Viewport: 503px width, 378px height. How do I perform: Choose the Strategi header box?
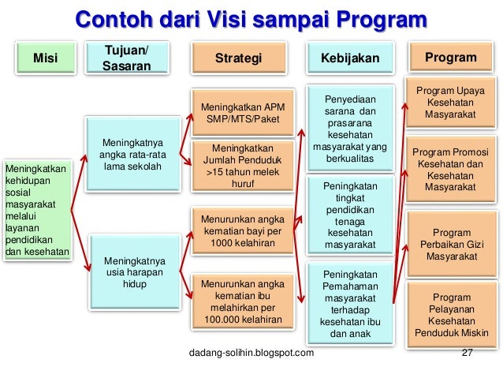pos(238,59)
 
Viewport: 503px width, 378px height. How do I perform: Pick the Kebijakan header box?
pos(350,59)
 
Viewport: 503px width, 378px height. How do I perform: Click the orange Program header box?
pos(450,58)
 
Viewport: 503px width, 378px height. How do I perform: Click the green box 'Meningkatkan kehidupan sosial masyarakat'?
pos(36,210)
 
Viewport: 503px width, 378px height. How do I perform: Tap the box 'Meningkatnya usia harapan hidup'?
pos(129,271)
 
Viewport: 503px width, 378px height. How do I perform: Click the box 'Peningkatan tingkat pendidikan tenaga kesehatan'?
pos(350,215)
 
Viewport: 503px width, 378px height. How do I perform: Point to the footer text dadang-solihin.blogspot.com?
pos(251,352)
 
